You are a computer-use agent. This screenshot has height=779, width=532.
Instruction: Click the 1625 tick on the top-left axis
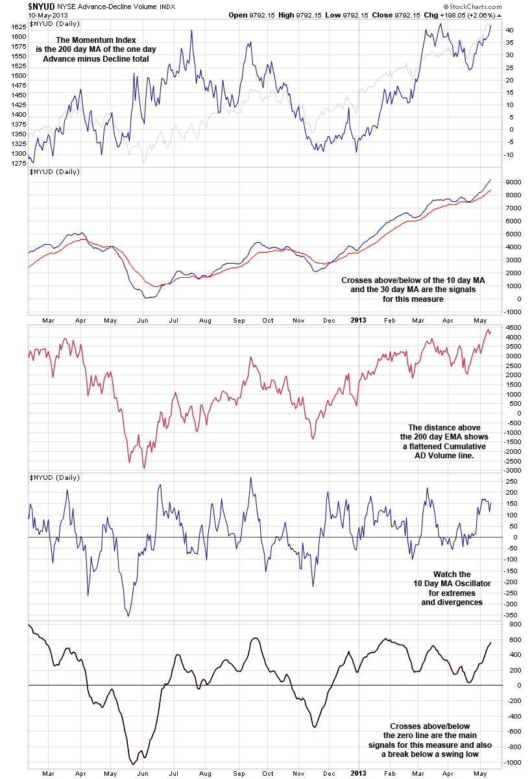[18, 27]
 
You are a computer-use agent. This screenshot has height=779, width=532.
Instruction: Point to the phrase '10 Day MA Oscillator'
[452, 584]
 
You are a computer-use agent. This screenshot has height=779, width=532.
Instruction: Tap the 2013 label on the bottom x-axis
[359, 773]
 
